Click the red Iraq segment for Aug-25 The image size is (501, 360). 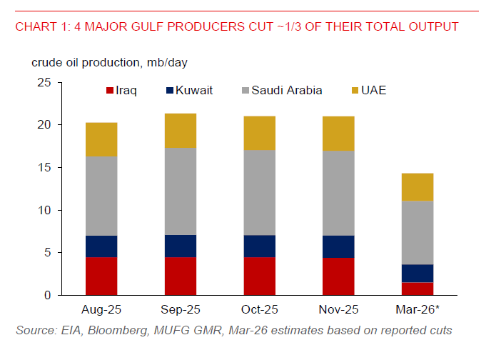(101, 276)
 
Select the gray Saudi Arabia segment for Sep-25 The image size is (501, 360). (181, 191)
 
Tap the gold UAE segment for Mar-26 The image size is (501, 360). (417, 187)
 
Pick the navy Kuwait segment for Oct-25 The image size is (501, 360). (259, 246)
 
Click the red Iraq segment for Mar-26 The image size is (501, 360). (417, 289)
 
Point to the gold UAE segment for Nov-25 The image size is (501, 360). (338, 134)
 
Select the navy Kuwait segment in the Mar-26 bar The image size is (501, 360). (417, 274)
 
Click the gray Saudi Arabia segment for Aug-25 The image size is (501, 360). (101, 196)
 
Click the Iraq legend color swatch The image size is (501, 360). (110, 91)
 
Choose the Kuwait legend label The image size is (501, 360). (195, 91)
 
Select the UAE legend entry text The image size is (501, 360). (374, 91)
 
